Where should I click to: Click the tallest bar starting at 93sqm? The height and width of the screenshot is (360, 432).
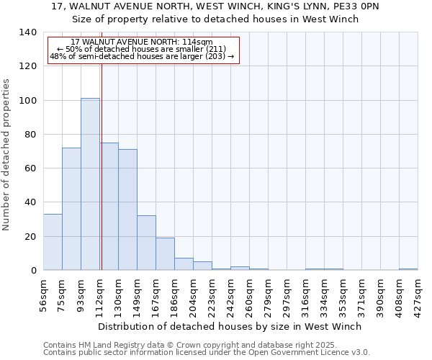tap(90, 184)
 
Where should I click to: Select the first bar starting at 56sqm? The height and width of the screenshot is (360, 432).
tap(53, 242)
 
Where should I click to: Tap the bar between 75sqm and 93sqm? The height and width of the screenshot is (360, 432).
tap(71, 209)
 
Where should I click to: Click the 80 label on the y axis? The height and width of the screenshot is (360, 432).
tap(30, 135)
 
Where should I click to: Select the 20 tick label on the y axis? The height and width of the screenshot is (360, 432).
tap(30, 236)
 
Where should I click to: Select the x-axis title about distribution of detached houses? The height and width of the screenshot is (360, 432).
tap(230, 326)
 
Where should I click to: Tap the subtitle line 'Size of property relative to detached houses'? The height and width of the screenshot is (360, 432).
tap(215, 19)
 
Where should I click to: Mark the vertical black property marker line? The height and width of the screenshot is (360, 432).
tap(102, 180)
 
